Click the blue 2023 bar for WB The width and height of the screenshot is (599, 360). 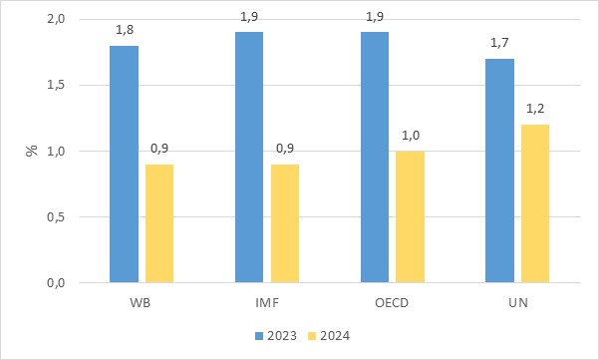(x=125, y=165)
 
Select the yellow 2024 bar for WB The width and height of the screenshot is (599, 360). (x=159, y=223)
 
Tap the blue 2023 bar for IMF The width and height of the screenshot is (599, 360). (x=249, y=158)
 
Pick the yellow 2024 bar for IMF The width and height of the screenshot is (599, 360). (x=285, y=223)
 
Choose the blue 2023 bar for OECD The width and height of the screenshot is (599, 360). (x=375, y=158)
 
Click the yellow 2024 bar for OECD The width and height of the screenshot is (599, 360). (x=410, y=217)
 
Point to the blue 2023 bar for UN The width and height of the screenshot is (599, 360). (x=499, y=171)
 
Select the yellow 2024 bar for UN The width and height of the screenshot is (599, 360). (x=535, y=203)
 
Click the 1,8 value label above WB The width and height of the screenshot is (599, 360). (x=125, y=30)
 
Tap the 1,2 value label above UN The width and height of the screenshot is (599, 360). (x=535, y=109)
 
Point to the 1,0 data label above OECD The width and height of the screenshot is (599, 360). (x=411, y=136)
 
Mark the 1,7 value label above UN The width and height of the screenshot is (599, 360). (x=499, y=43)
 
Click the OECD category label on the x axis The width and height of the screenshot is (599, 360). (x=392, y=303)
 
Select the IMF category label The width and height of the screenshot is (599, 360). (x=267, y=303)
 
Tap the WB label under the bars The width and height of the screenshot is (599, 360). (x=141, y=303)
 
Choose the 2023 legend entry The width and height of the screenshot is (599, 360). (x=276, y=336)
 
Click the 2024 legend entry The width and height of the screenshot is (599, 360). (x=329, y=336)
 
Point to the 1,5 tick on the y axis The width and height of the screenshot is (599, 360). (x=56, y=85)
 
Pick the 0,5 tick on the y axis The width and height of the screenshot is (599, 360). (x=56, y=217)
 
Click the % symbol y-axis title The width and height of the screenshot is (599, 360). (x=32, y=151)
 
